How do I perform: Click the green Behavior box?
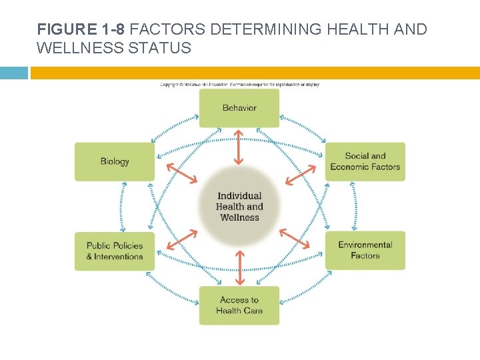[239, 108]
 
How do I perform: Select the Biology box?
[115, 161]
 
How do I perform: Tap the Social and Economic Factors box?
[365, 161]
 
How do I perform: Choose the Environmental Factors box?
[365, 251]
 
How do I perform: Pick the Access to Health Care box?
[239, 305]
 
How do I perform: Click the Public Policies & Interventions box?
[115, 251]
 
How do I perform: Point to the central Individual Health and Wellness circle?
[239, 206]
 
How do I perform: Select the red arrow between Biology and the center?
[181, 172]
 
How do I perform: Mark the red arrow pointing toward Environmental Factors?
[295, 239]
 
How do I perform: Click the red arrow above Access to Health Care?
[239, 267]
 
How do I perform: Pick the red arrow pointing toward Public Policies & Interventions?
[181, 240]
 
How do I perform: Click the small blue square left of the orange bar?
[13, 73]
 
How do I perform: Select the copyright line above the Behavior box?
[239, 85]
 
